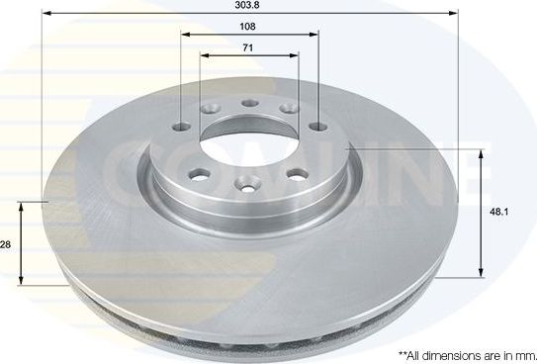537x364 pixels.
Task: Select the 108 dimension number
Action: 250,27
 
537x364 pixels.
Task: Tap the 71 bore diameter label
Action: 249,46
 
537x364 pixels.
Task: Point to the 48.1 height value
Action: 502,211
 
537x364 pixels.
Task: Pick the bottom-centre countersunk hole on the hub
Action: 246,182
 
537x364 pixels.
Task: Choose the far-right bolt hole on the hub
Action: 314,127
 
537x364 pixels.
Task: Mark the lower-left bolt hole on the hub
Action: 199,173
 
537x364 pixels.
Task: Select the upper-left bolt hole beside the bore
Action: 208,111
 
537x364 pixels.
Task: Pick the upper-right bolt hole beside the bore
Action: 290,109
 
